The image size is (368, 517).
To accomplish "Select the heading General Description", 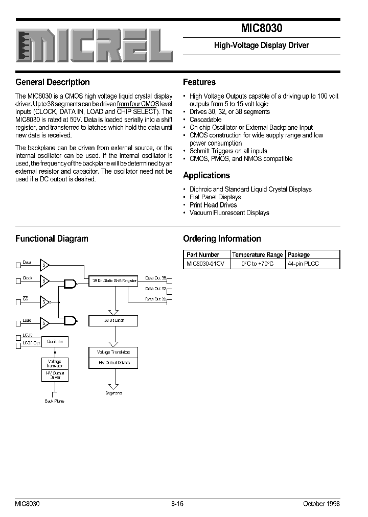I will click(x=53, y=82).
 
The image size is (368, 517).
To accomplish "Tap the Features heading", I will click(x=199, y=82).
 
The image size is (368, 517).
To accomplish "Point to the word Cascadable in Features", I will click(x=205, y=120).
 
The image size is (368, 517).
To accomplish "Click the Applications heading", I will click(x=206, y=175).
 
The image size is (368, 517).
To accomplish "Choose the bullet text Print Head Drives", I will click(x=213, y=205).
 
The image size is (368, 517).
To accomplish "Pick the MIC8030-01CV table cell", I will click(x=205, y=264).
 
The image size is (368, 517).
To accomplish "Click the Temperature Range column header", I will click(x=257, y=254).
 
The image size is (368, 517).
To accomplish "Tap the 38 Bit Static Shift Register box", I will click(x=113, y=280).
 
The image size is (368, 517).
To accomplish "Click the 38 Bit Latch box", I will click(x=113, y=321).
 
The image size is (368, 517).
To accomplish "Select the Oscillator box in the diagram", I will click(x=55, y=341).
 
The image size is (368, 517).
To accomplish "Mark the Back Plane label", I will click(x=54, y=401).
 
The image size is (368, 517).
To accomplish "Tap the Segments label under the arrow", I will click(x=113, y=393).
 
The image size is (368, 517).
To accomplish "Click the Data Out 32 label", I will click(x=155, y=289).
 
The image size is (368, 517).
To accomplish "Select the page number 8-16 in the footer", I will click(x=177, y=503).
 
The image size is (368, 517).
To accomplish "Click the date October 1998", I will click(x=321, y=503).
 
